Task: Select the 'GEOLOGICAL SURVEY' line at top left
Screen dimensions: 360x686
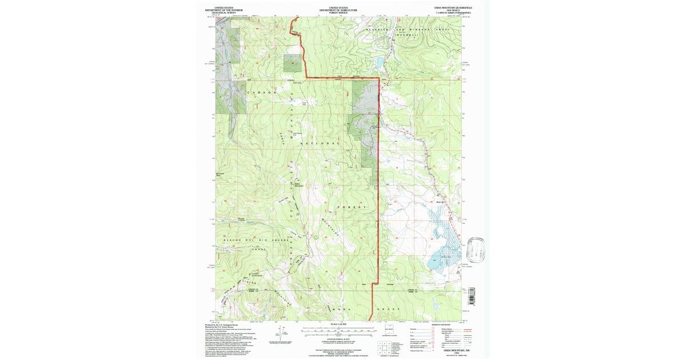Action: point(224,13)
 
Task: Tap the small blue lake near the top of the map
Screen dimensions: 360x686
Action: point(378,61)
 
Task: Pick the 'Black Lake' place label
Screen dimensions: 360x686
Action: point(441,201)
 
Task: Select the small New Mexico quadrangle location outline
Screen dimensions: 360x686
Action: point(392,330)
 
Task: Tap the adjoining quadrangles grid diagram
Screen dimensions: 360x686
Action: point(382,347)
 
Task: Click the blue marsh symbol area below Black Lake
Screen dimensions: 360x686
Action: point(446,229)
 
